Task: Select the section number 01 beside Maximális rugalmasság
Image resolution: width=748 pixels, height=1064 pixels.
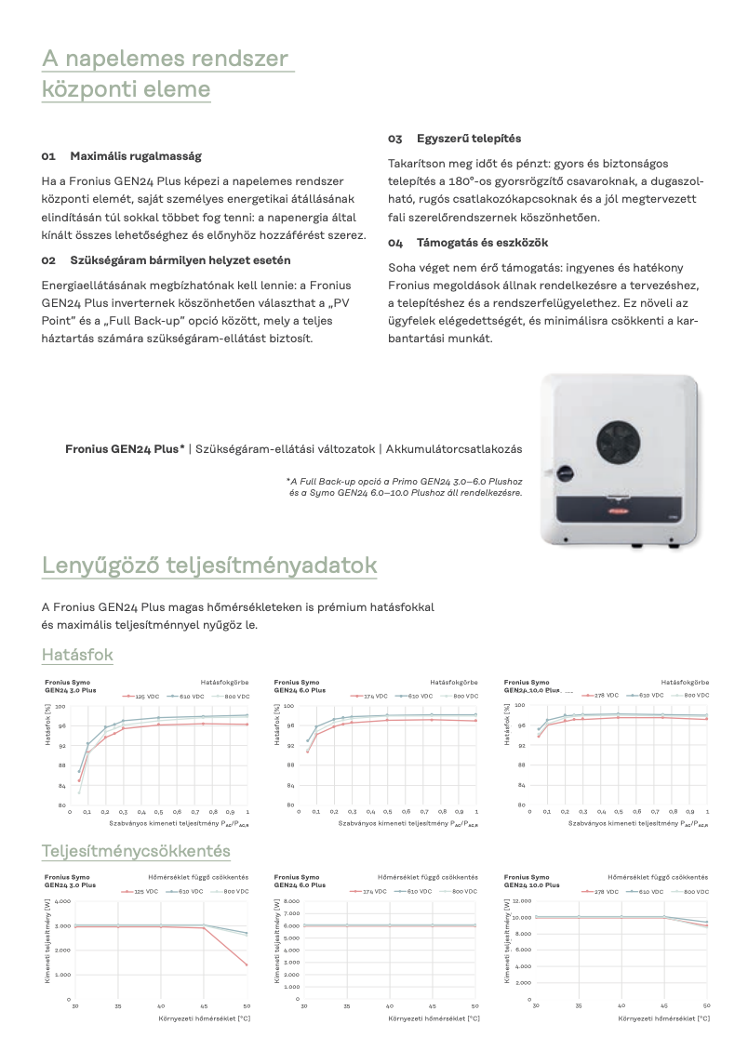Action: coord(49,156)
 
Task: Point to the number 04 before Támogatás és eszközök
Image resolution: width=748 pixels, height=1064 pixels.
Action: coord(395,243)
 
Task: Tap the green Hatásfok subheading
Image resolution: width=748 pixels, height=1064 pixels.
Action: coord(77,655)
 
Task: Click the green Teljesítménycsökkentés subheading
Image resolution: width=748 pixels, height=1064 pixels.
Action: coord(136,851)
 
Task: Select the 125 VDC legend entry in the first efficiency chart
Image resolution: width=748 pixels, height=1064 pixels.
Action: coord(145,696)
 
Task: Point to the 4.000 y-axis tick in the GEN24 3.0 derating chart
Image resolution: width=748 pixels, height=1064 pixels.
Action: coord(62,901)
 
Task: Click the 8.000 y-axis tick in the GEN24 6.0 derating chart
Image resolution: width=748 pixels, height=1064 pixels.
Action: coord(290,901)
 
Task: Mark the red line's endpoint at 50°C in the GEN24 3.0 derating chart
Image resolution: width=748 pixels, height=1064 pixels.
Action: coord(247,964)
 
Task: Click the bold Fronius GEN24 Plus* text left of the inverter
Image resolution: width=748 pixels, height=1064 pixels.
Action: coord(125,449)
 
